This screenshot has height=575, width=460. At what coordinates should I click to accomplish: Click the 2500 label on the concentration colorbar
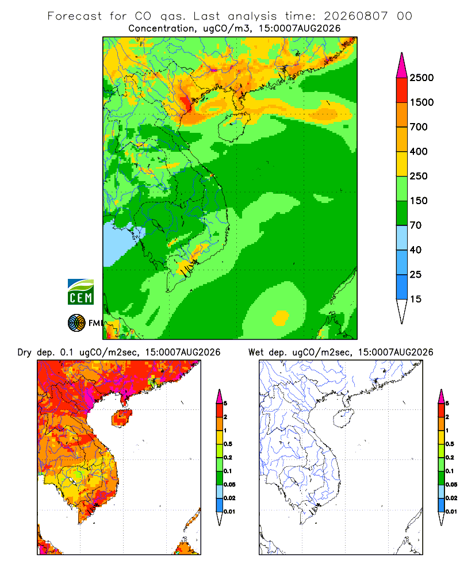click(x=421, y=78)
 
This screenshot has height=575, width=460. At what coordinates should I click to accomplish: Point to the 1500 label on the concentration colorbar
click(x=421, y=102)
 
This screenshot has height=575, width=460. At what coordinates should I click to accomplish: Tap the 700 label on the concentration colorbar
click(x=419, y=127)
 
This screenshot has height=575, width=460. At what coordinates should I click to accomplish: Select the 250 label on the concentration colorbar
click(x=419, y=176)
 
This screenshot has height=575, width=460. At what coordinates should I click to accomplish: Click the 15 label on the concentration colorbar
click(x=416, y=299)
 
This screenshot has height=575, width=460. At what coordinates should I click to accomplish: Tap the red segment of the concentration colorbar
click(x=402, y=90)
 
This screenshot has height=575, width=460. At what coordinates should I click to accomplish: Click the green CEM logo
click(x=80, y=292)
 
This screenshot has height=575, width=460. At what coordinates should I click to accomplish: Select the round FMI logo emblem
click(x=76, y=323)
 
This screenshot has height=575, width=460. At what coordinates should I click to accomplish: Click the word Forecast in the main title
click(x=75, y=16)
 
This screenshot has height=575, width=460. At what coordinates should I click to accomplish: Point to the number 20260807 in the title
click(x=355, y=16)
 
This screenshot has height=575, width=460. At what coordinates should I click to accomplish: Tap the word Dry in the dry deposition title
click(x=24, y=352)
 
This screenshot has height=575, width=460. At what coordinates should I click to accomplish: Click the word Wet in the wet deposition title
click(x=256, y=352)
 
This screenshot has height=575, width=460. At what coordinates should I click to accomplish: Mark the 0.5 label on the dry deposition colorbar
click(x=228, y=444)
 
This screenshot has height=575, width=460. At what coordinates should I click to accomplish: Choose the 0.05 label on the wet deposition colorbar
click(x=451, y=484)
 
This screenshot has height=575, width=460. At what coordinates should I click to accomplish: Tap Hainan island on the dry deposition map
click(x=122, y=419)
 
